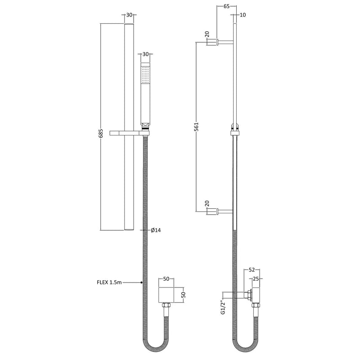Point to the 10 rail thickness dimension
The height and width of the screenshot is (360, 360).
(x=243, y=15)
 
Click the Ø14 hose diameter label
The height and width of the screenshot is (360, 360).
(x=156, y=230)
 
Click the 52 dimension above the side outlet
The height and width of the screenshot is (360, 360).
(x=252, y=270)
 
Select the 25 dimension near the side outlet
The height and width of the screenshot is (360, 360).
(x=256, y=279)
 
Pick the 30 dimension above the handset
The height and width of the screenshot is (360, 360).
(x=145, y=54)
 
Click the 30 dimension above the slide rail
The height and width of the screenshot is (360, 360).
(x=129, y=15)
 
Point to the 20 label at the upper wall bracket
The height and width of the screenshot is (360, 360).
(x=207, y=35)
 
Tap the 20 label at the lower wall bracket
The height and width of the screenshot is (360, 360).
(x=207, y=203)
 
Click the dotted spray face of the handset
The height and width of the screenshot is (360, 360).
(x=145, y=74)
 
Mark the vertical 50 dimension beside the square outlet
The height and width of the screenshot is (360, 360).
(x=183, y=295)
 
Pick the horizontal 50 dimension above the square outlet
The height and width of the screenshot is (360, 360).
(x=166, y=279)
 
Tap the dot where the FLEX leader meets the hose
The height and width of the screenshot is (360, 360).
(x=142, y=283)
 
